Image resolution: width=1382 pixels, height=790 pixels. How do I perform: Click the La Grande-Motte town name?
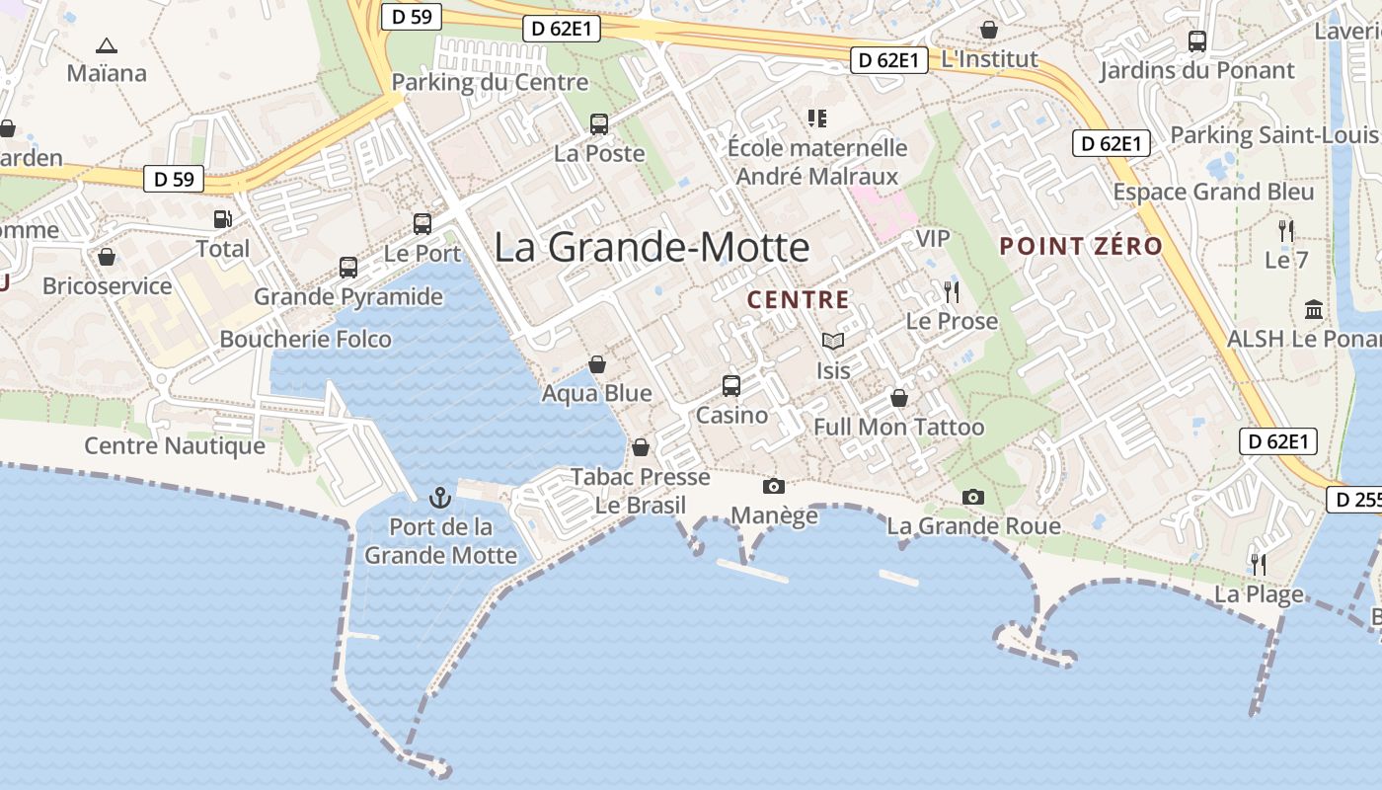click(x=652, y=247)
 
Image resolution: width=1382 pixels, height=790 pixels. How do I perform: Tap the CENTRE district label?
click(x=798, y=300)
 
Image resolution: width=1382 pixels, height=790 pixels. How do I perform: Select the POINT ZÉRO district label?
click(x=1081, y=247)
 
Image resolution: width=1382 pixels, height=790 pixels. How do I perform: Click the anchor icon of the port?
click(x=440, y=498)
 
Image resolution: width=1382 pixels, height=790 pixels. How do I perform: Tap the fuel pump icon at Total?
click(x=223, y=219)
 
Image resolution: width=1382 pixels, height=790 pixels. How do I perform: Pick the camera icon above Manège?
click(x=774, y=486)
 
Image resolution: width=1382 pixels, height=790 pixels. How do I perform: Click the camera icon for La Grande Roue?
click(x=973, y=497)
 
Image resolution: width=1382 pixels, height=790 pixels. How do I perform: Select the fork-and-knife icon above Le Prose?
click(x=952, y=291)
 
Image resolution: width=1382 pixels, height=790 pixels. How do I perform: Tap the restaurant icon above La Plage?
click(x=1259, y=565)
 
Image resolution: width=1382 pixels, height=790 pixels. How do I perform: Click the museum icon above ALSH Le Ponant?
click(x=1314, y=309)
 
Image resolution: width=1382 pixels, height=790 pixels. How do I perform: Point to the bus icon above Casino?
click(x=731, y=385)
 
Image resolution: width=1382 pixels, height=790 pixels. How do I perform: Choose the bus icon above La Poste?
click(x=599, y=124)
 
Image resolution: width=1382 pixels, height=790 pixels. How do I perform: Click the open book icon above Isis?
click(x=833, y=341)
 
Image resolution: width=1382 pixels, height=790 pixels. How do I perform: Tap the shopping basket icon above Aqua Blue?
click(x=597, y=364)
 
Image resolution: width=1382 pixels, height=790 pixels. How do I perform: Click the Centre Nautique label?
click(x=175, y=446)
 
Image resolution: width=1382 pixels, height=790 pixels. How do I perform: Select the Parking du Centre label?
click(x=490, y=82)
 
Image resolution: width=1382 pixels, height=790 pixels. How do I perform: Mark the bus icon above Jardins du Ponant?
click(x=1197, y=41)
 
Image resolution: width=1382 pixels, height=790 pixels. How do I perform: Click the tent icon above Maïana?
click(x=107, y=45)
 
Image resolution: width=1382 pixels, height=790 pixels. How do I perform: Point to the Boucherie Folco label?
click(x=305, y=340)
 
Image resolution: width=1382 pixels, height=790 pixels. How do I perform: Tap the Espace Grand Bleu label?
click(x=1213, y=192)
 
